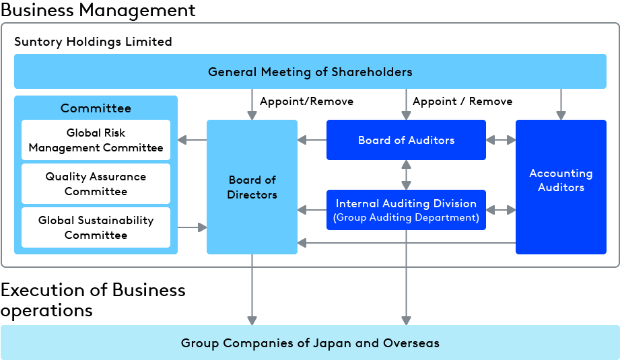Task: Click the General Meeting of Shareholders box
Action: pyautogui.click(x=310, y=72)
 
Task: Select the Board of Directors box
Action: pyautogui.click(x=252, y=187)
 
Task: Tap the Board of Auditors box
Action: pyautogui.click(x=406, y=140)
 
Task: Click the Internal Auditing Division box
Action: pyautogui.click(x=406, y=210)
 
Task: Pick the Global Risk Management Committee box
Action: pyautogui.click(x=96, y=140)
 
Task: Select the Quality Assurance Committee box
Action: pyautogui.click(x=96, y=184)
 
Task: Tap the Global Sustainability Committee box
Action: pyautogui.click(x=96, y=227)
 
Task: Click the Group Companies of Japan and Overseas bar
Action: pyautogui.click(x=310, y=343)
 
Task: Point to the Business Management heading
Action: pyautogui.click(x=98, y=10)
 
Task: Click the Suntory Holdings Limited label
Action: pyautogui.click(x=93, y=42)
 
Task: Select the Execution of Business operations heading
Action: pyautogui.click(x=93, y=299)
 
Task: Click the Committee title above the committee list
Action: pyautogui.click(x=96, y=108)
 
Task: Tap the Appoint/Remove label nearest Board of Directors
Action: pyautogui.click(x=306, y=102)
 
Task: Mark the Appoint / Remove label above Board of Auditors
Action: pyautogui.click(x=462, y=102)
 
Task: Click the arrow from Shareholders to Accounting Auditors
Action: pyautogui.click(x=561, y=104)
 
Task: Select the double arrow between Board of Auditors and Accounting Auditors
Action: pyautogui.click(x=501, y=140)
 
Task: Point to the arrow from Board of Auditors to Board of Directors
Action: pyautogui.click(x=312, y=140)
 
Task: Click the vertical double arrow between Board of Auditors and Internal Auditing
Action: pyautogui.click(x=406, y=175)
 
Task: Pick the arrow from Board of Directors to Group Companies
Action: pyautogui.click(x=252, y=289)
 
